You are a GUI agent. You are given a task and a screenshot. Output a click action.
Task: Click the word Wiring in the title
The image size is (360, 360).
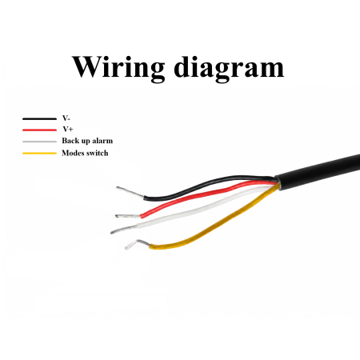point(118,66)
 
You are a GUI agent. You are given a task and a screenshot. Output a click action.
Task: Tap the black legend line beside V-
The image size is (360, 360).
point(39,118)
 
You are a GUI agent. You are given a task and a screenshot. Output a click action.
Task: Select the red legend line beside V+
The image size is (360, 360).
point(39,130)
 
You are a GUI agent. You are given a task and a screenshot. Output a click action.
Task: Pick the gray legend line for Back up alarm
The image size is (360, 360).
point(39,142)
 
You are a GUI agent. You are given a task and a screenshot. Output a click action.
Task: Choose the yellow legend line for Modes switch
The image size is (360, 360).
point(39,154)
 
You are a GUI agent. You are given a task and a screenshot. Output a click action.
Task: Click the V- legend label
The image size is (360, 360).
point(66,118)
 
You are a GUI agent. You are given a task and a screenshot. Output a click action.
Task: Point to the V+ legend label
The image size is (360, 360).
point(68,129)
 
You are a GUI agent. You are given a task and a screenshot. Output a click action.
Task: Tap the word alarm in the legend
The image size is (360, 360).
point(102,141)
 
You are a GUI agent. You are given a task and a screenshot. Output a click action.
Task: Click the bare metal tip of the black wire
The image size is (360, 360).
point(130,192)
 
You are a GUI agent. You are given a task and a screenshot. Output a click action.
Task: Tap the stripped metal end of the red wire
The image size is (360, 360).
point(128,215)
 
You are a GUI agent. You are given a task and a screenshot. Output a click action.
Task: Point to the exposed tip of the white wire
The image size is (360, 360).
point(124,230)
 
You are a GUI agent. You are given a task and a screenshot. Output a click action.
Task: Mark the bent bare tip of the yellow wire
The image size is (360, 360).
point(137,243)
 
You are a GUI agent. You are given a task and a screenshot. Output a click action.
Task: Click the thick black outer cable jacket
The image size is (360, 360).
point(318,171)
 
